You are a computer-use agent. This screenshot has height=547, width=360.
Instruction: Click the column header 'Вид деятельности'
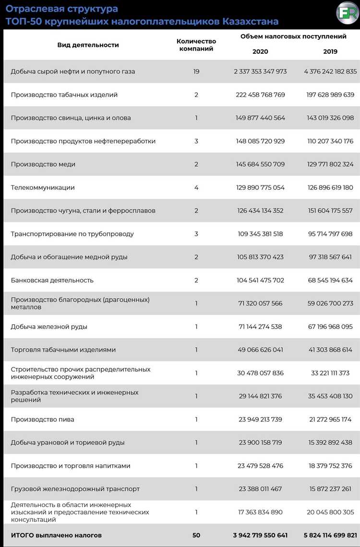pyautogui.click(x=88, y=45)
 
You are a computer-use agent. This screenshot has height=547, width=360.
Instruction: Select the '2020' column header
pyautogui.click(x=260, y=51)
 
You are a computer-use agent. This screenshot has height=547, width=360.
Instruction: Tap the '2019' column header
pyautogui.click(x=330, y=51)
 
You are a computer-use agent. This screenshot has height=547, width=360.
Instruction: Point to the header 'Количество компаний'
pyautogui.click(x=196, y=45)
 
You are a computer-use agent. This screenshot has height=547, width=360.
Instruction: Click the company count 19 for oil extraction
pyautogui.click(x=196, y=72)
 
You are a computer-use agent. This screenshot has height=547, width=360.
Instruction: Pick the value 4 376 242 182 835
pyautogui.click(x=330, y=72)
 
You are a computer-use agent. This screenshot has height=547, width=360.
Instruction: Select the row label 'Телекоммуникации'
pyautogui.click(x=43, y=187)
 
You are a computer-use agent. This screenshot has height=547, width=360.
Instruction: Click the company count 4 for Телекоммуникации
pyautogui.click(x=196, y=187)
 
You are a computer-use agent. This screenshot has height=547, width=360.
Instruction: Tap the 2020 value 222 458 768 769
pyautogui.click(x=260, y=95)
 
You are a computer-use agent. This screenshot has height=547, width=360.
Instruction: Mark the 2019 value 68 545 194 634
pyautogui.click(x=330, y=280)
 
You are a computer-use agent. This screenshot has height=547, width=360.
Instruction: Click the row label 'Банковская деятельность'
pyautogui.click(x=52, y=280)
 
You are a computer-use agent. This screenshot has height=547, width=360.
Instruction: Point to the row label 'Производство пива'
pyautogui.click(x=42, y=419)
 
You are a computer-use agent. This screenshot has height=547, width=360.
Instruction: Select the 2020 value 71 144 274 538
pyautogui.click(x=260, y=327)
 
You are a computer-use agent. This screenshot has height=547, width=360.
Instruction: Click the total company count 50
pyautogui.click(x=196, y=535)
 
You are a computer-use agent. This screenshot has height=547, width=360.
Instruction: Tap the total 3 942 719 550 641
pyautogui.click(x=260, y=535)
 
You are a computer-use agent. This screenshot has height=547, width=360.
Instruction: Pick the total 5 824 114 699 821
pyautogui.click(x=330, y=535)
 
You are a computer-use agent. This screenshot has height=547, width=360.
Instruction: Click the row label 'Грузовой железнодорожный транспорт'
pyautogui.click(x=75, y=489)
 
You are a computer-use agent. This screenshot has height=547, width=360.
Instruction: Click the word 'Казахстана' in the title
pyautogui.click(x=250, y=22)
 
